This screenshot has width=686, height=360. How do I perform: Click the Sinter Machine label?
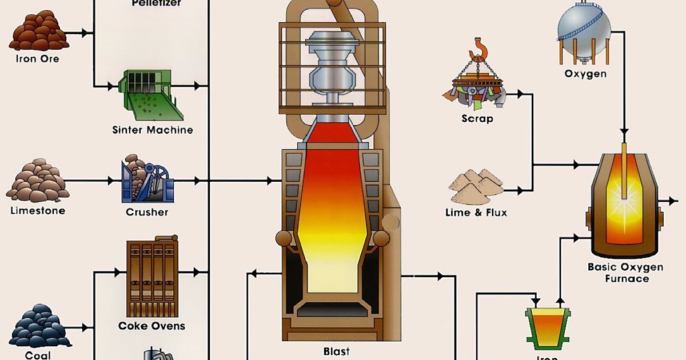153,130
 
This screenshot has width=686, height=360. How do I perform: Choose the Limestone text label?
38,211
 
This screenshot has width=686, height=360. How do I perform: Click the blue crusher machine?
147,182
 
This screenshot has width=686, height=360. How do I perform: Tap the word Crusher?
147,212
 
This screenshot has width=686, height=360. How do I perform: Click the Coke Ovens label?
152,326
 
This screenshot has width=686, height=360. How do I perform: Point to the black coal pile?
40,329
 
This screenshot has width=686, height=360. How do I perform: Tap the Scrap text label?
477,119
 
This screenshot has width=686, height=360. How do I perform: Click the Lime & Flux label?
476,213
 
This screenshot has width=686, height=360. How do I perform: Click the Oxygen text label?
585,74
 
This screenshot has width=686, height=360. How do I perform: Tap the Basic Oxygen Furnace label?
625,273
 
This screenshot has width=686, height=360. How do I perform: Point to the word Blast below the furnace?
336,351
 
